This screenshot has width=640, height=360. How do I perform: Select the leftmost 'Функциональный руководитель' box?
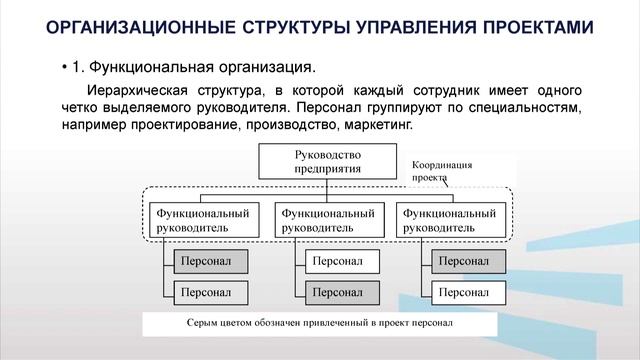[x=200, y=220]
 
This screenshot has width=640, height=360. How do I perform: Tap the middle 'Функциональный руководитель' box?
[x=328, y=220]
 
